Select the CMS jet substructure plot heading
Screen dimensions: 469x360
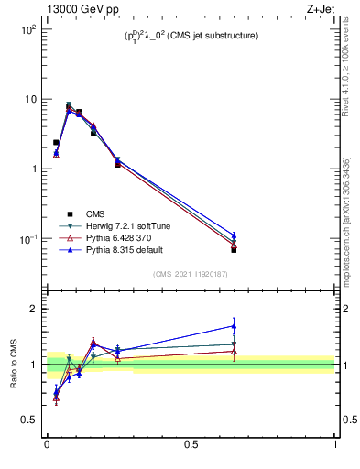pos(191,36)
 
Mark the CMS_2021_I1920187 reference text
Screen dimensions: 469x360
pos(191,274)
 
